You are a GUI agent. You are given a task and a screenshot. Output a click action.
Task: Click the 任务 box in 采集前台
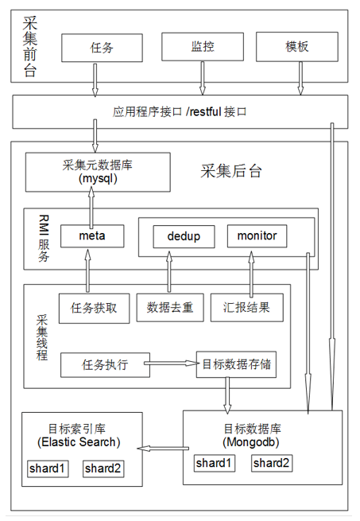tap(102, 48)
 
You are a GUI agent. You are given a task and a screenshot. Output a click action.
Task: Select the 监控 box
tap(203, 46)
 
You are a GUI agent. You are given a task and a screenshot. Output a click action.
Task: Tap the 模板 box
tap(297, 46)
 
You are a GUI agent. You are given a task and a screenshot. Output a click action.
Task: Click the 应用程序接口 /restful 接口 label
tap(180, 111)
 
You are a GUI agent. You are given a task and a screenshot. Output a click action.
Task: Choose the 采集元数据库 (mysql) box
tap(98, 172)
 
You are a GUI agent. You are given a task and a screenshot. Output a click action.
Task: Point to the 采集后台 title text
tap(230, 171)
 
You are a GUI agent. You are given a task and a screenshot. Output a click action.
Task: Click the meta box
tap(92, 236)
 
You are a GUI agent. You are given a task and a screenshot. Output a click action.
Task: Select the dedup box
tap(184, 236)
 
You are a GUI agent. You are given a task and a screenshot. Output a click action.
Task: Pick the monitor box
tap(257, 236)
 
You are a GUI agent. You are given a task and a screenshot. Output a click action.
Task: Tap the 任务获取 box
tap(95, 309)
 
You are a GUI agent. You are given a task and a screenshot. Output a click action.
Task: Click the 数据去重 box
tap(170, 307)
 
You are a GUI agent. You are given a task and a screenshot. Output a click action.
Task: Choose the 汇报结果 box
tap(247, 307)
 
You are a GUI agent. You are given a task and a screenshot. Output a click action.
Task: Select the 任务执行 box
tap(105, 365)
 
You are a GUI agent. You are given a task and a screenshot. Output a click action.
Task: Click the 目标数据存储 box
tap(237, 364)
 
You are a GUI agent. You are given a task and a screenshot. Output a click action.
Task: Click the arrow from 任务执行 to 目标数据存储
tap(172, 364)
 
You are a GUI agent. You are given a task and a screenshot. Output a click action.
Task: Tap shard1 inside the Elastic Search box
tap(48, 469)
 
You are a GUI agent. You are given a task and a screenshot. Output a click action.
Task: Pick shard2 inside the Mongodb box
tap(272, 463)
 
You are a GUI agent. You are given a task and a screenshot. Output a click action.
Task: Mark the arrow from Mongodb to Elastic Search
tap(163, 449)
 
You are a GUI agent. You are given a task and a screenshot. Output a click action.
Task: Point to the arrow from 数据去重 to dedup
tap(169, 272)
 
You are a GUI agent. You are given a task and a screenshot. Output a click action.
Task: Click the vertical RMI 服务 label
tap(44, 238)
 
